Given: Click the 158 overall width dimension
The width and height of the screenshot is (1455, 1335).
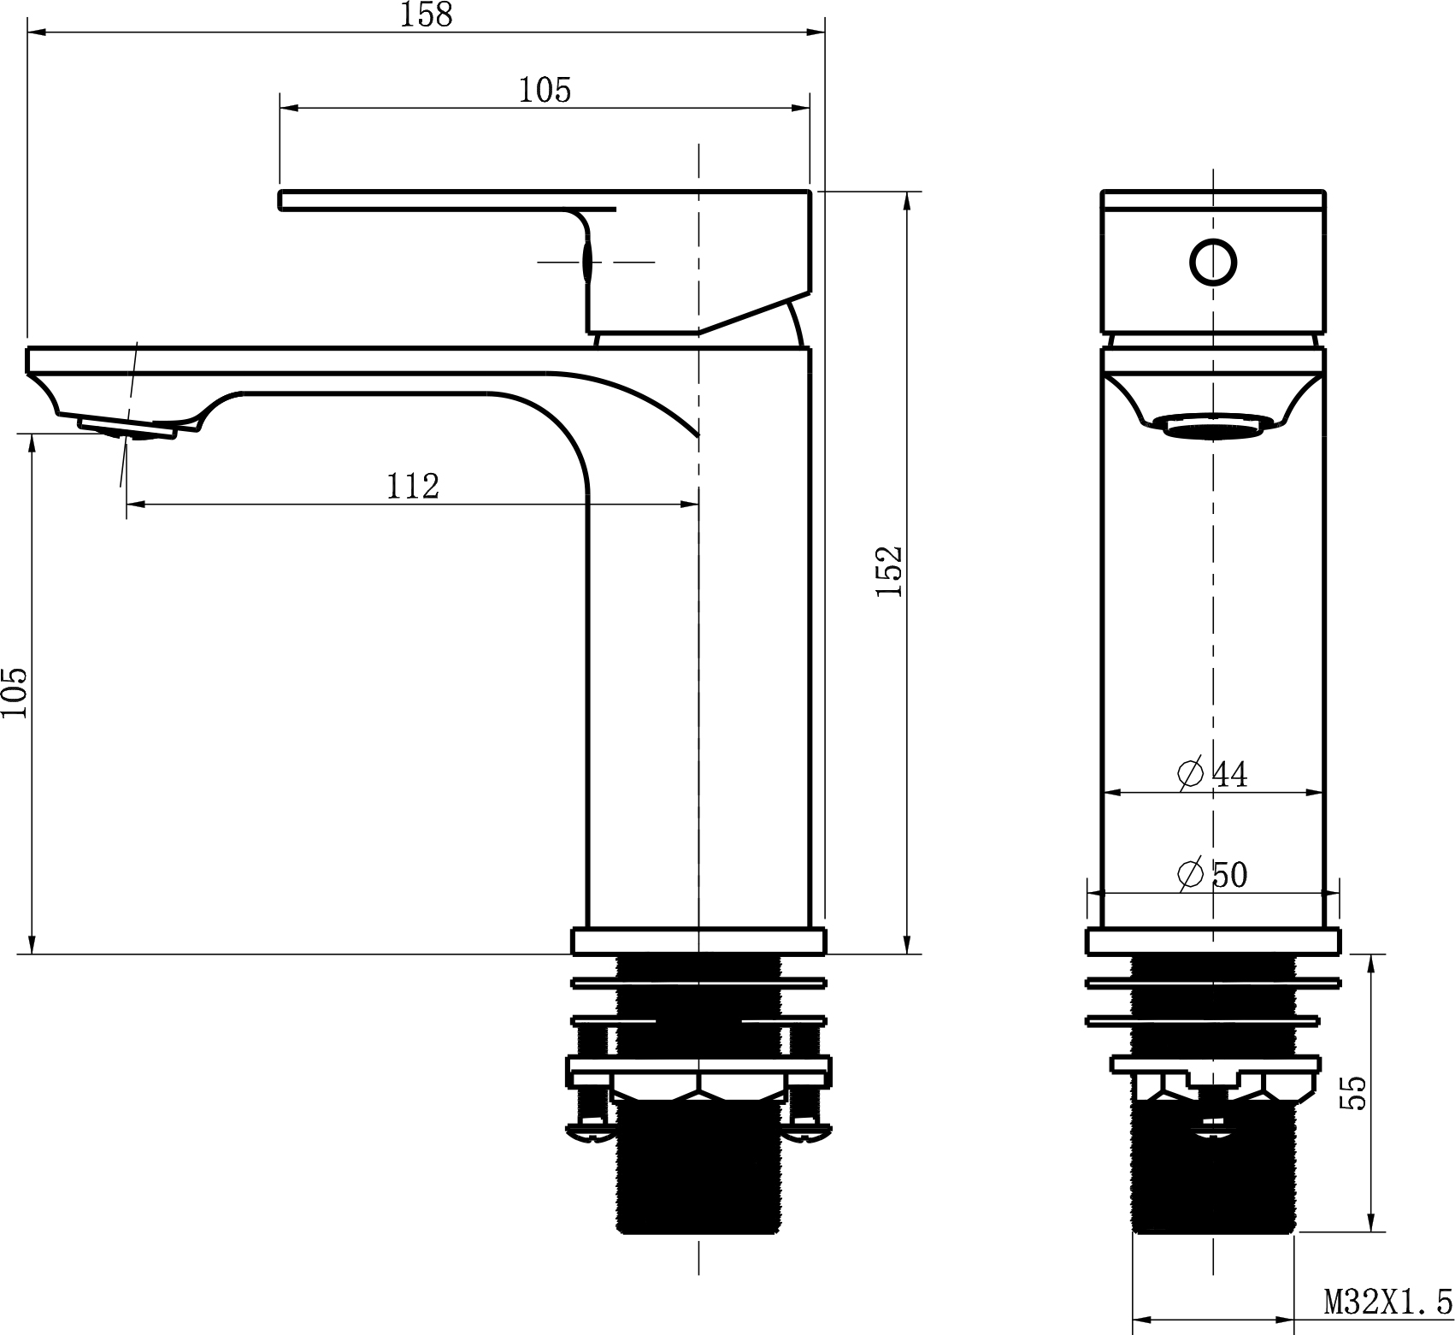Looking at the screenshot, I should coord(427,15).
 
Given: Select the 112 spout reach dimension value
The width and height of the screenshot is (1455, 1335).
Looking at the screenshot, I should coord(413,486).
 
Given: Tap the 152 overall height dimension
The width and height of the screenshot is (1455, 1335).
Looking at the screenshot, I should coord(889,570).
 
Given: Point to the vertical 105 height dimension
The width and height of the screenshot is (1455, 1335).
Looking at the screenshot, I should coord(15,693).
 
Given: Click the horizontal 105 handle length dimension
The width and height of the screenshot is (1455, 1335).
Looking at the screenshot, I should coord(545,90).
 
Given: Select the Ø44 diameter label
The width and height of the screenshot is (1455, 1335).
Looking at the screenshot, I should coord(1212,774).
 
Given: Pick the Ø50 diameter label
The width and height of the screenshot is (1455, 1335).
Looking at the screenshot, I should coord(1212,874).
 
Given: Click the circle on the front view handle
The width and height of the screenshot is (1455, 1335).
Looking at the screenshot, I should coord(1213,262).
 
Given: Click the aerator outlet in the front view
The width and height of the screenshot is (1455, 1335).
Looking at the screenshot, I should coord(1213,426).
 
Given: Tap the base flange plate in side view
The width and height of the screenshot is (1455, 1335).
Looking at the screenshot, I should coord(698,942).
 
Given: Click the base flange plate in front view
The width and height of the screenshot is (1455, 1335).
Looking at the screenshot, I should coord(1213,942).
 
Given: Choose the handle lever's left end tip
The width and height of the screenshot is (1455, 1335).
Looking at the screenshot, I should coord(283,199).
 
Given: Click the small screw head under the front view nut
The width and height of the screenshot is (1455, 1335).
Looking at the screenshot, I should coord(1213,1131).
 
